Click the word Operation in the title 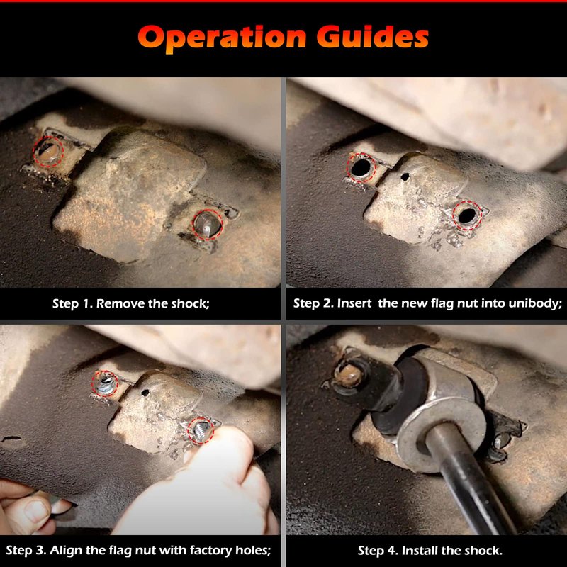point(222,38)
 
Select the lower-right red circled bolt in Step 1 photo point(207,225)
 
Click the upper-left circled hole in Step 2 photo point(361,167)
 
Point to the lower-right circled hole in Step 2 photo point(468,216)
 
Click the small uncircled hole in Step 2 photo point(405,176)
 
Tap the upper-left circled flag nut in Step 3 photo point(104,384)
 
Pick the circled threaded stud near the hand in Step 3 point(201,430)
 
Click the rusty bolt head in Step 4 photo point(348,375)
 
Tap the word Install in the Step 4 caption point(420,551)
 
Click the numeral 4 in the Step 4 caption point(393,551)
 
